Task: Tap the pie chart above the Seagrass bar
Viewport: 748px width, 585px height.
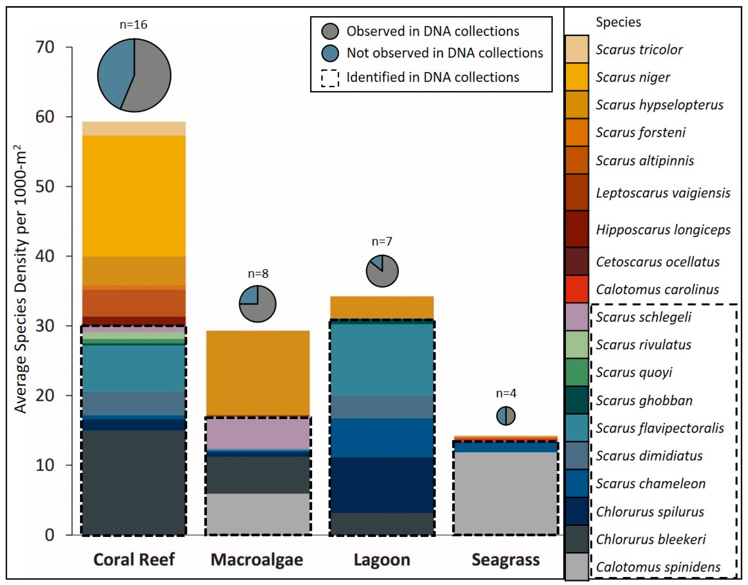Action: click(x=506, y=416)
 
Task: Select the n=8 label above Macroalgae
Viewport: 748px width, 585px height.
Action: click(x=258, y=274)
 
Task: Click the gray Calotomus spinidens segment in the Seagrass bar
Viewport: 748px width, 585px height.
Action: click(x=506, y=493)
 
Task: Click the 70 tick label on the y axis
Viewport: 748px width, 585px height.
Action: click(x=45, y=47)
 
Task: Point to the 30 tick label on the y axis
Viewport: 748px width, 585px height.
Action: click(x=45, y=326)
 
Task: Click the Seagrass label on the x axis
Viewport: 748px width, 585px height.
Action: click(x=506, y=560)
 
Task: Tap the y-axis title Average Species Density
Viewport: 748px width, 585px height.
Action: click(x=20, y=279)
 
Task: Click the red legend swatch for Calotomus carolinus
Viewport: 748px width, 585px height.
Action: click(x=577, y=289)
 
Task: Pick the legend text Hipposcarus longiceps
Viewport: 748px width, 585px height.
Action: click(x=663, y=229)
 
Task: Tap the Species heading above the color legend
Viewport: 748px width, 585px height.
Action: click(x=618, y=22)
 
